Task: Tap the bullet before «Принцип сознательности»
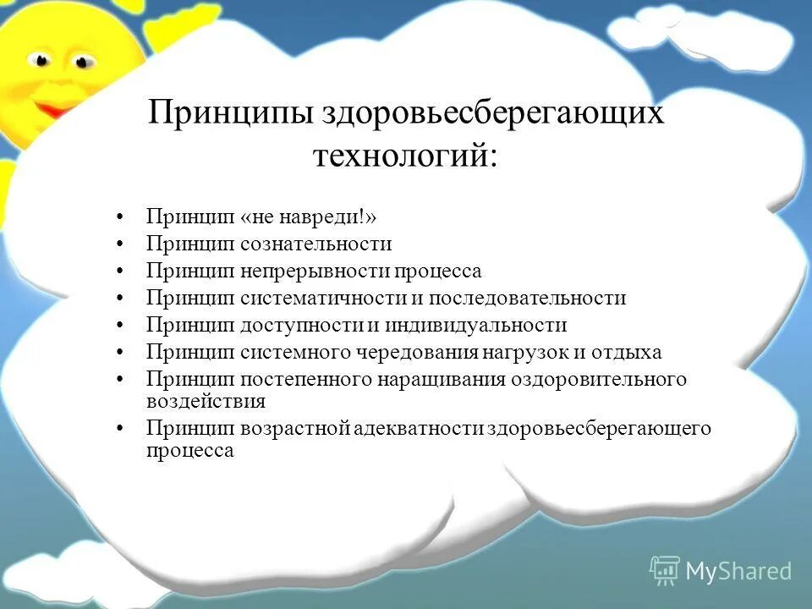(123, 245)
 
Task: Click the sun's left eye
(39, 59)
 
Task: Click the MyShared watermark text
(738, 572)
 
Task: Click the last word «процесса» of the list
(189, 451)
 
